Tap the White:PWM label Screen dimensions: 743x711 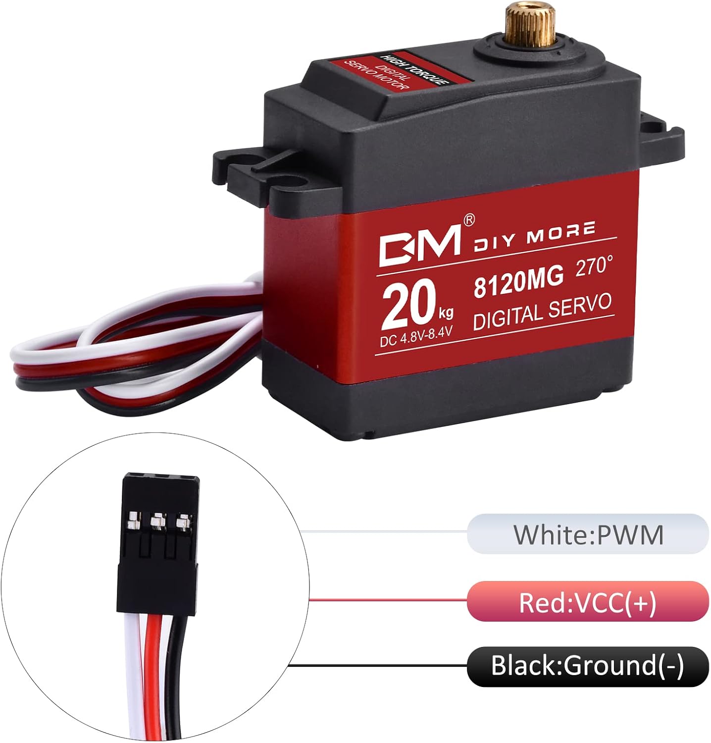pos(588,534)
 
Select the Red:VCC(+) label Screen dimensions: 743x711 pos(588,602)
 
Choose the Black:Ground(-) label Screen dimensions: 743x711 pos(588,666)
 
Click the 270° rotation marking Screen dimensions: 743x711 pos(594,266)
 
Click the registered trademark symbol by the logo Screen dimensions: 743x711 pos(468,218)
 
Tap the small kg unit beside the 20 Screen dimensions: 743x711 pos(445,313)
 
